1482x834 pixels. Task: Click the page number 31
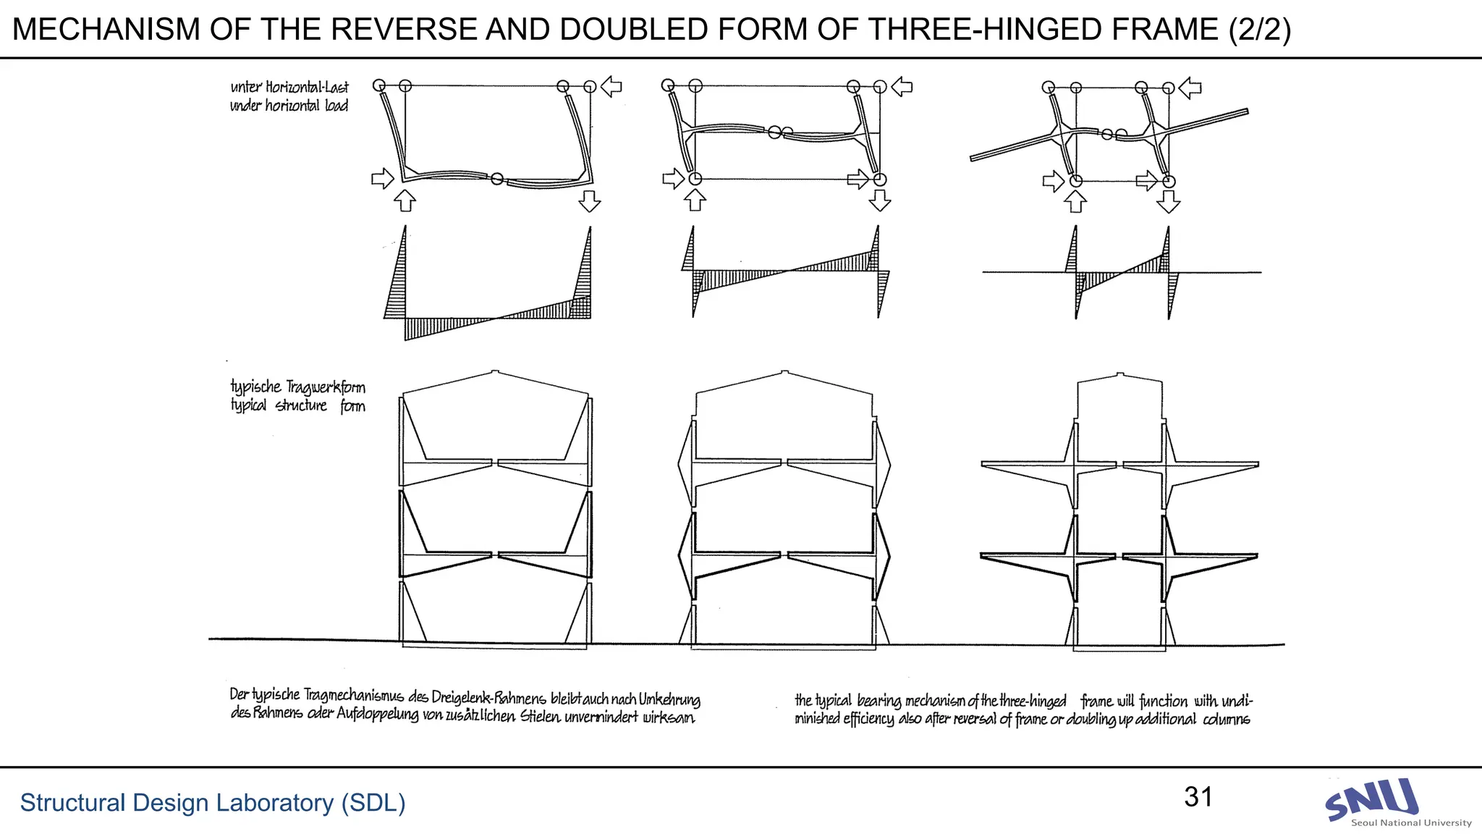tap(1198, 797)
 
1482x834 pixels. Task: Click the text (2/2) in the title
tap(1259, 30)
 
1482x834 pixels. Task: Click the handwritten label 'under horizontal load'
tap(289, 106)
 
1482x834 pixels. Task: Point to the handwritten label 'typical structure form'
tap(297, 405)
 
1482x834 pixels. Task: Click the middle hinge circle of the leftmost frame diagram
tap(497, 178)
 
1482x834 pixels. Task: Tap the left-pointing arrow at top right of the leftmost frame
tap(611, 87)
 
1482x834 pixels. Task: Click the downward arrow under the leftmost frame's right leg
tap(590, 201)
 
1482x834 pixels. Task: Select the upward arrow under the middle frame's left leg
tap(695, 200)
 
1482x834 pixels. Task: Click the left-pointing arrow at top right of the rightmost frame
tap(1190, 88)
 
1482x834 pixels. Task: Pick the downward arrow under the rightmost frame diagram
tap(1168, 202)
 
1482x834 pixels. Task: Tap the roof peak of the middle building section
tap(785, 373)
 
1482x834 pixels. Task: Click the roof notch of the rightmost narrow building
tap(1120, 375)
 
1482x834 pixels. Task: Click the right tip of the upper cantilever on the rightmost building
tap(1257, 464)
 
